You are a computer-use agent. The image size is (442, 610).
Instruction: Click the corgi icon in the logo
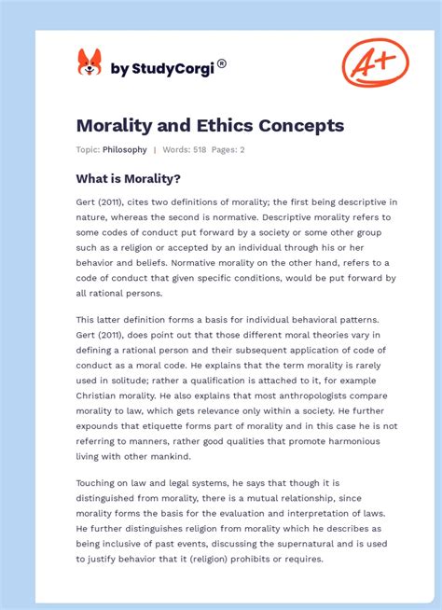90,63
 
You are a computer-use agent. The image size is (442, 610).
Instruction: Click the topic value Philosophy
125,149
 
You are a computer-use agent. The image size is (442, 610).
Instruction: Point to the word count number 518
198,149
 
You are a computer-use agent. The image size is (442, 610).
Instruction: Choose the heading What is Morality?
128,178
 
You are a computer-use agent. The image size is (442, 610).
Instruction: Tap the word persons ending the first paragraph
148,293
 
